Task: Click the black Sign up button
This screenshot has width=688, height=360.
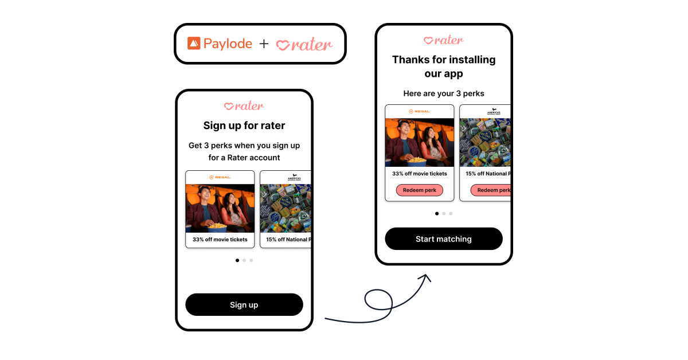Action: (244, 305)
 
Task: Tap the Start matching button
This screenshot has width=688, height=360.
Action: (443, 239)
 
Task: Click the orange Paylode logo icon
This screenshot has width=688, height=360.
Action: (194, 43)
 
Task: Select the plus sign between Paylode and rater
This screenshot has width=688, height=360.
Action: (264, 44)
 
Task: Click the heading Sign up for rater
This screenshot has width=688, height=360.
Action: (244, 126)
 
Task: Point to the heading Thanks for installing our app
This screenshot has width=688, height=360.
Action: (443, 66)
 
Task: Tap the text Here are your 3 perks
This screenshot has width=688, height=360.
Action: (443, 93)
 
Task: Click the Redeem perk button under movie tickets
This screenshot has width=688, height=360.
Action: (419, 190)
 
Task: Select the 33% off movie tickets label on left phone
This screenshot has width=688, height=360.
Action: (220, 240)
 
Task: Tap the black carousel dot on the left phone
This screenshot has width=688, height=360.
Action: (237, 260)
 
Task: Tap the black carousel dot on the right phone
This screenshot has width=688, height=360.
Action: (437, 213)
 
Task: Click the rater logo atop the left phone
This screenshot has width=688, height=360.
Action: (244, 106)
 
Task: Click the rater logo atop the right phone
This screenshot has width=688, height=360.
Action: (443, 40)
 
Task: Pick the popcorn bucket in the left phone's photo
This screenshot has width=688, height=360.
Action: (216, 225)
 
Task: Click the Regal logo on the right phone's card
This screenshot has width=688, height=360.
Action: (419, 111)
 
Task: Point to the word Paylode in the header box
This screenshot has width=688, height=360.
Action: (228, 44)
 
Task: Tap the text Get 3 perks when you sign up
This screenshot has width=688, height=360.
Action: (244, 146)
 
